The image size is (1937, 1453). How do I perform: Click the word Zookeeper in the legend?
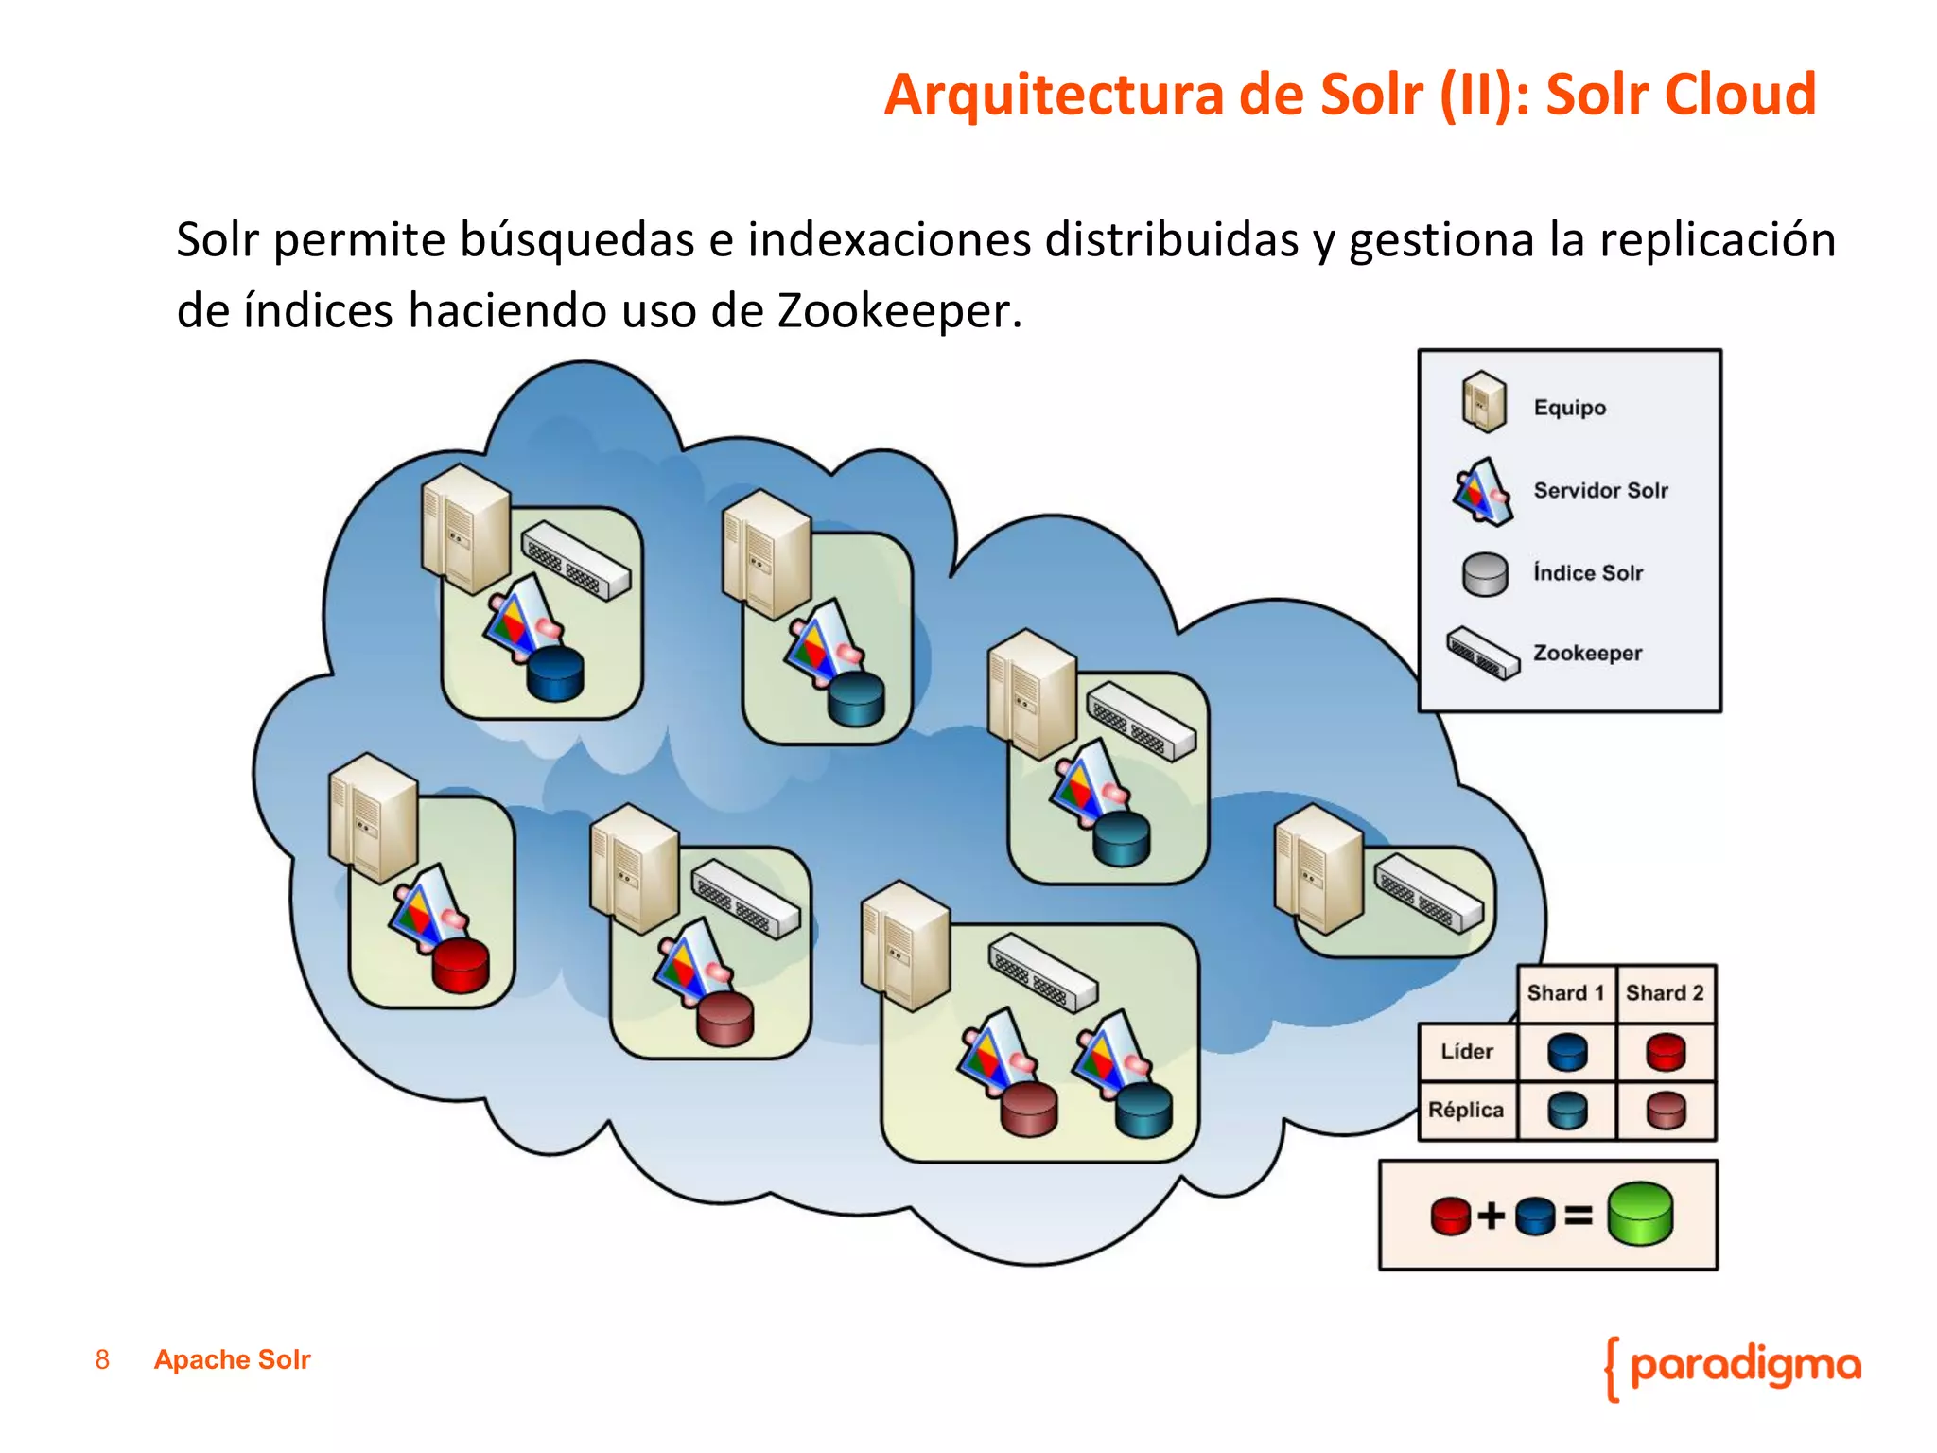click(1587, 653)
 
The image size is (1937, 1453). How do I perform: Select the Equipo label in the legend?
click(1569, 408)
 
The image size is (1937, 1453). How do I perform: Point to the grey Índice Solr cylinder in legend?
click(1485, 574)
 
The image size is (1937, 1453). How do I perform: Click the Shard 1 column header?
click(1565, 993)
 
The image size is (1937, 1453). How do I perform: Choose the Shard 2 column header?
click(1665, 993)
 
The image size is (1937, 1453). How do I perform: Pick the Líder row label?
click(1467, 1052)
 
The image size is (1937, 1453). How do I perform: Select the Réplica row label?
click(1465, 1110)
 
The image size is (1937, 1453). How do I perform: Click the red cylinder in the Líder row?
click(1666, 1052)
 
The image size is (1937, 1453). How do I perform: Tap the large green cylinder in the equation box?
click(1640, 1214)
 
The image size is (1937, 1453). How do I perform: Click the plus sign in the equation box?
click(1492, 1216)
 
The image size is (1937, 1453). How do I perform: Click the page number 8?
click(102, 1359)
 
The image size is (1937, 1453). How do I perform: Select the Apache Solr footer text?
click(232, 1359)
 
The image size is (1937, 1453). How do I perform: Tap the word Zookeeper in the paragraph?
click(899, 310)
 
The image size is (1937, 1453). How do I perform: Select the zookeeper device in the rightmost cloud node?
click(1428, 892)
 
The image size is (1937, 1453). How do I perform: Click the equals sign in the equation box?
click(1578, 1216)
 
